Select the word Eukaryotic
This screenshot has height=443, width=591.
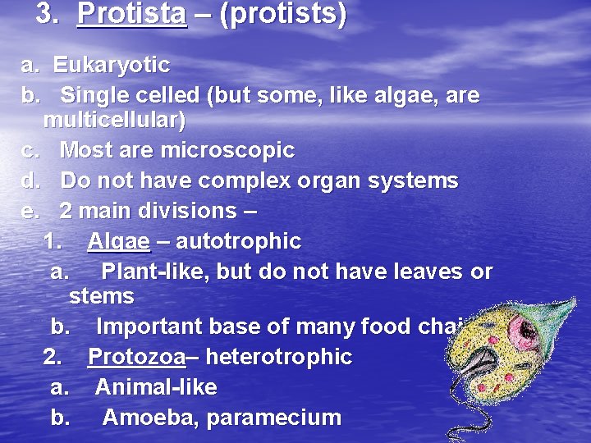coord(112,65)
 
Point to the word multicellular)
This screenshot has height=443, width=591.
coord(114,121)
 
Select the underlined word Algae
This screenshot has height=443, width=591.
coord(119,242)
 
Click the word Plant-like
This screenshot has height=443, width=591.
coord(153,272)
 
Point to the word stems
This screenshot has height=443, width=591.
coord(102,295)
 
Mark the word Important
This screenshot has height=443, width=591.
coord(149,327)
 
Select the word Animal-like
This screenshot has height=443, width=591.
coord(156,387)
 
